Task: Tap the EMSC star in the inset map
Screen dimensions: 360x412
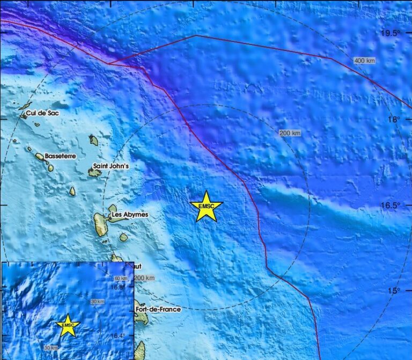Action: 68,325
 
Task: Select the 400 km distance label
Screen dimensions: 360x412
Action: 364,61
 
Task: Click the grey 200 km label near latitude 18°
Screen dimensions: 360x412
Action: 290,133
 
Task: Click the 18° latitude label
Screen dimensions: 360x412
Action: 395,119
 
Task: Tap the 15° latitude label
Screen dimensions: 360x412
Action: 395,291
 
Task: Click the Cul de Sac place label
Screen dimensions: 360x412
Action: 42,113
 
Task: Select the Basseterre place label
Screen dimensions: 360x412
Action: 60,156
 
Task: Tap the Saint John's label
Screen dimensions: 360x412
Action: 111,166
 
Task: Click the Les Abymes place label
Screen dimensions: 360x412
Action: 129,215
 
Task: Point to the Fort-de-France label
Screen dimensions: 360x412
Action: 158,310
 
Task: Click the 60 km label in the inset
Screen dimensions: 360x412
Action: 121,278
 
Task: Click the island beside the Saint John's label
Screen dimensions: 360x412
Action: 94,173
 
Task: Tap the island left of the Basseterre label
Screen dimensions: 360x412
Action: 40,157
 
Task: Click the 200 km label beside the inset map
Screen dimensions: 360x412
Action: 144,278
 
